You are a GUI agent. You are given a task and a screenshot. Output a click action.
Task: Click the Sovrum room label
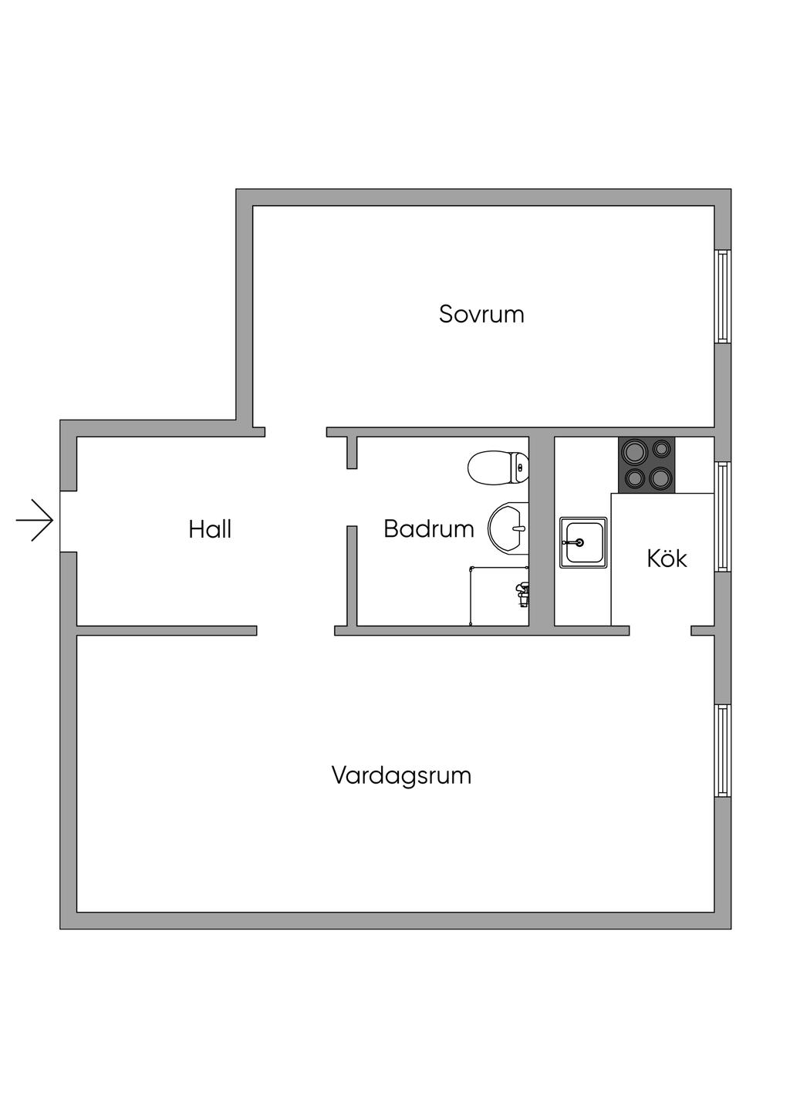[x=481, y=314]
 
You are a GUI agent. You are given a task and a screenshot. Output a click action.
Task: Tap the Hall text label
[x=210, y=529]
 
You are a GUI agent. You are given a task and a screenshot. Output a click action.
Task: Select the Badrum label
[x=428, y=529]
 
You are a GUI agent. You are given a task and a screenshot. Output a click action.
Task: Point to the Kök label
[x=667, y=558]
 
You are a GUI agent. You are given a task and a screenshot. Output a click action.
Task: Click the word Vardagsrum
[x=401, y=774]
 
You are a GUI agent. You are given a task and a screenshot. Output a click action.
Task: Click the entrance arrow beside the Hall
[x=35, y=520]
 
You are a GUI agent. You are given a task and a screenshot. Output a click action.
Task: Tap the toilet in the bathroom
[x=498, y=467]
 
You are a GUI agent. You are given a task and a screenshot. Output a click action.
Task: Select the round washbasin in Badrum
[x=508, y=528]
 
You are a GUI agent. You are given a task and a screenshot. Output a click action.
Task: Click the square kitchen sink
[x=583, y=542]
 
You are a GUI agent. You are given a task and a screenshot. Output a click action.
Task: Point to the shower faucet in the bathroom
[x=522, y=591]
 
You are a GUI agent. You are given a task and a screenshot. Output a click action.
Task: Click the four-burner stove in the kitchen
[x=647, y=465]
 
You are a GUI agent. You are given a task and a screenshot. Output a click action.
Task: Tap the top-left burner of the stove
[x=634, y=450]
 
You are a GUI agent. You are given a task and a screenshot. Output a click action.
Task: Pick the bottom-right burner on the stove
[x=660, y=479]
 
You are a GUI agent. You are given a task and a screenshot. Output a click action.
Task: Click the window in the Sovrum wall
[x=722, y=296]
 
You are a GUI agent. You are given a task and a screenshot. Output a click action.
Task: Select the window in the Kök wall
[x=722, y=517]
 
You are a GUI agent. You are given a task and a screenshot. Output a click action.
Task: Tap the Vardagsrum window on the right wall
[x=722, y=751]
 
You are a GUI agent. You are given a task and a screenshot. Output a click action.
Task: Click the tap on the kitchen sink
[x=575, y=542]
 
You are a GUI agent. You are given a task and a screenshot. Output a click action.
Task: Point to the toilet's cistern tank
[x=521, y=467]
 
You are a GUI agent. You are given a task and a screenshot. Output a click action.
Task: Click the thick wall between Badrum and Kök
[x=542, y=532]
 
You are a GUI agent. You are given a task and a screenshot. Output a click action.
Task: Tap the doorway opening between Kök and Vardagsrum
[x=660, y=630]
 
